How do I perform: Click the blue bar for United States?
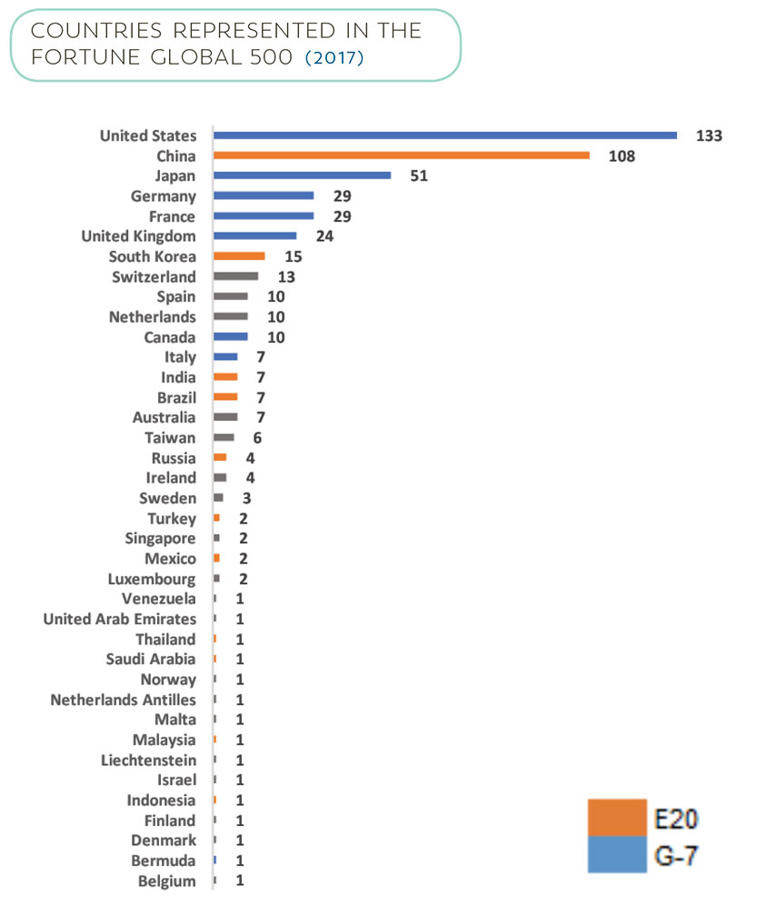445,135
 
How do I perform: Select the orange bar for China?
402,155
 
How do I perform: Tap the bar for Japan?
302,175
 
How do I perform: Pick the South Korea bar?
239,256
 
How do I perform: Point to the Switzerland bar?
235,276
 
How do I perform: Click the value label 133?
708,136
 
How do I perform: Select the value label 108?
622,156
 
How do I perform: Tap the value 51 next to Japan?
418,176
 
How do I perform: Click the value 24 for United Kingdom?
324,236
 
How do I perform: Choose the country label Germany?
163,196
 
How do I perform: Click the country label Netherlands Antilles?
123,700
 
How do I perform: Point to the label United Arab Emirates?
119,619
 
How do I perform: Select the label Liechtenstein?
148,760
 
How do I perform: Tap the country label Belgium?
166,881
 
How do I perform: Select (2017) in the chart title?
334,58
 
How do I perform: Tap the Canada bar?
230,336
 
